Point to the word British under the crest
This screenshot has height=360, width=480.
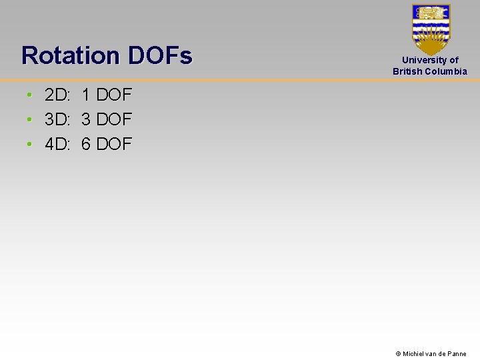(x=408, y=71)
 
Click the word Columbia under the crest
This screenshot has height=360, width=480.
(x=446, y=71)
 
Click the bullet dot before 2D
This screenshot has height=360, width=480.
(x=30, y=96)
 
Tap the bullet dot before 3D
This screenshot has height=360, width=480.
(x=30, y=120)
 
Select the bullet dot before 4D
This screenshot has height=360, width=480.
(x=30, y=143)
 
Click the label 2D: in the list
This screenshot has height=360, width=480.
(x=57, y=96)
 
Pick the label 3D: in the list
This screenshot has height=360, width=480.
(x=57, y=120)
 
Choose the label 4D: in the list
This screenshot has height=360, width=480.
(x=57, y=143)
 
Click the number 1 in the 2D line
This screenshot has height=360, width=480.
(x=86, y=96)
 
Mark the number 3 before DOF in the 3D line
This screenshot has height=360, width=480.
(x=86, y=120)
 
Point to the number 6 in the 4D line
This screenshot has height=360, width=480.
(x=86, y=143)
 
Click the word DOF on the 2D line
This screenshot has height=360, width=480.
(x=114, y=96)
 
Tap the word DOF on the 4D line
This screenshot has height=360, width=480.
(x=114, y=143)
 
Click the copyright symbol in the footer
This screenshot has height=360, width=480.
(x=398, y=354)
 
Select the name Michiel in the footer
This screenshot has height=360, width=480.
(x=415, y=354)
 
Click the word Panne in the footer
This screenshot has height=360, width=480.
(x=457, y=354)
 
